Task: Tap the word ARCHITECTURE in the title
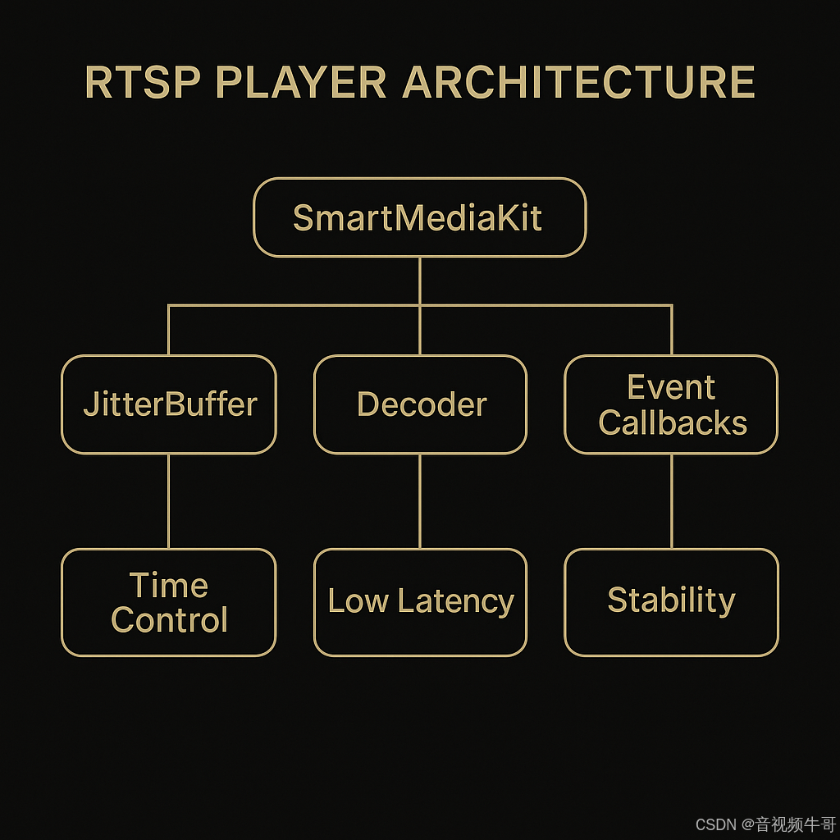point(579,83)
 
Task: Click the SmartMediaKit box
point(419,218)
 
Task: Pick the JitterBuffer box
point(169,404)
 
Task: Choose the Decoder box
point(420,404)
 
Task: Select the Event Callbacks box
point(671,404)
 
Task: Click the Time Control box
point(169,602)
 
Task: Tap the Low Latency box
point(420,602)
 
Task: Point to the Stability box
point(671,602)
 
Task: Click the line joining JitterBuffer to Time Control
point(169,500)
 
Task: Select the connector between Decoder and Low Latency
point(420,500)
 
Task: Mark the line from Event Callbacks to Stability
point(672,500)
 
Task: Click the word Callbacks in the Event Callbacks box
point(673,423)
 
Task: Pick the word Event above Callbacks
point(671,387)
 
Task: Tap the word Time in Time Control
point(169,586)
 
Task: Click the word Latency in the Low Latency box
point(456,602)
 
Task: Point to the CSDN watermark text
point(715,824)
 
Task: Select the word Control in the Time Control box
point(169,620)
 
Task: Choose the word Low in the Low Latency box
point(358,601)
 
